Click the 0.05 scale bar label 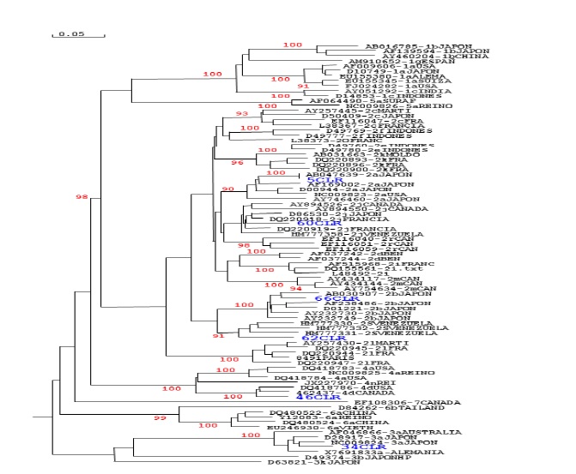(70, 34)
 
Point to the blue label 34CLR (361, 447)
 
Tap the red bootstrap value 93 (241, 113)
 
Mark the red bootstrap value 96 (239, 161)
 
